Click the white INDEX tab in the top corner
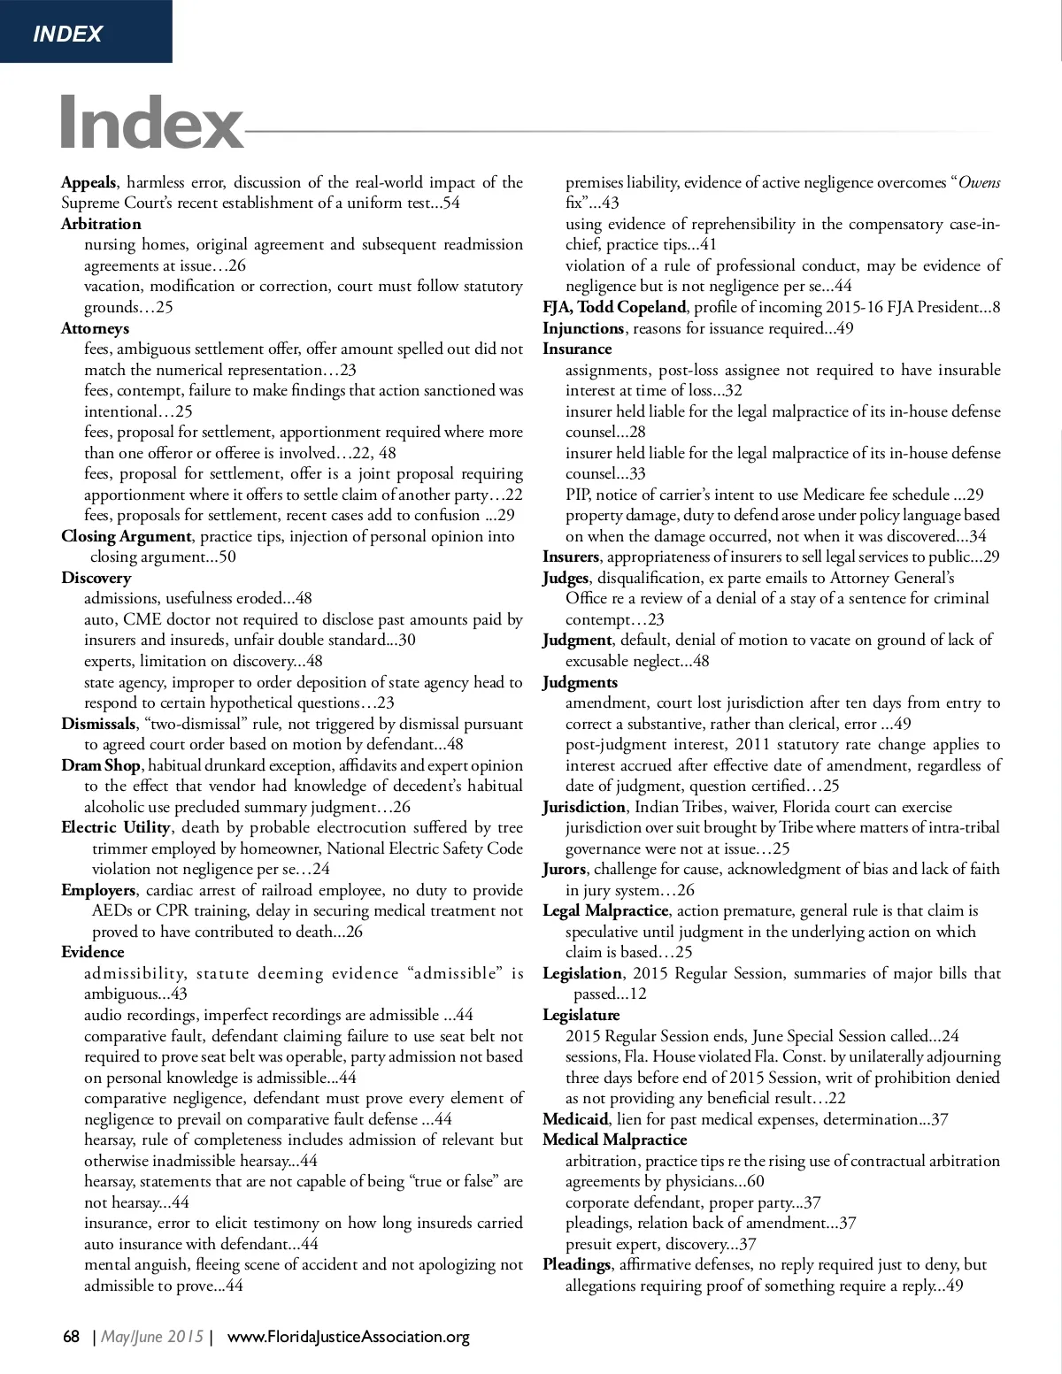[x=67, y=34]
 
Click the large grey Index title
[x=151, y=123]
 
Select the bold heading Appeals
[x=88, y=182]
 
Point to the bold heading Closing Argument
[x=126, y=536]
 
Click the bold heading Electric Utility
[x=115, y=827]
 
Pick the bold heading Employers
[x=98, y=890]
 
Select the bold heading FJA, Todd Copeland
[x=614, y=307]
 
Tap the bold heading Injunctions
[x=583, y=328]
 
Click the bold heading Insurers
[x=571, y=557]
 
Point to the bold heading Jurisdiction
[x=584, y=807]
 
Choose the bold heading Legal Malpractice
[x=605, y=910]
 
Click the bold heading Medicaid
[x=575, y=1119]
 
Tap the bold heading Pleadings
[x=576, y=1264]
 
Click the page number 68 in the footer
[x=72, y=1337]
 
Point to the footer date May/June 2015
[x=152, y=1337]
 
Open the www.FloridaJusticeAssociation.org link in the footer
[x=349, y=1337]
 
